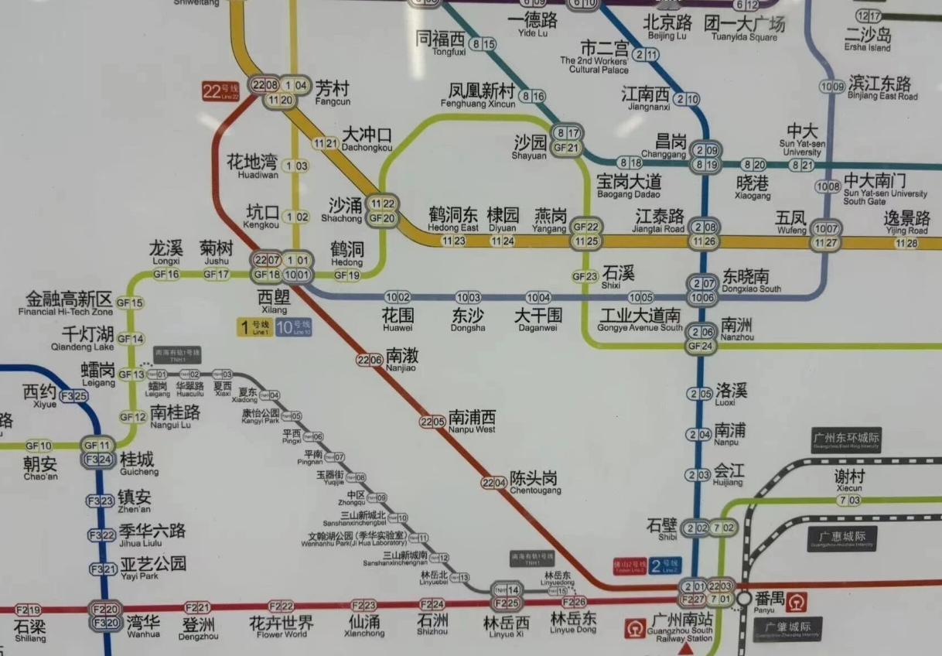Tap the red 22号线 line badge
pos(221,91)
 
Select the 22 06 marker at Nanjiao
pos(370,359)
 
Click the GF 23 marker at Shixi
pos(585,276)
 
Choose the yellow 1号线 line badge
pos(254,327)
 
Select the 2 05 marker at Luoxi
pos(701,394)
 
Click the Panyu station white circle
pos(744,598)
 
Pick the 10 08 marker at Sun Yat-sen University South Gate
pos(829,186)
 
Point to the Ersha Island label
pos(868,39)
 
